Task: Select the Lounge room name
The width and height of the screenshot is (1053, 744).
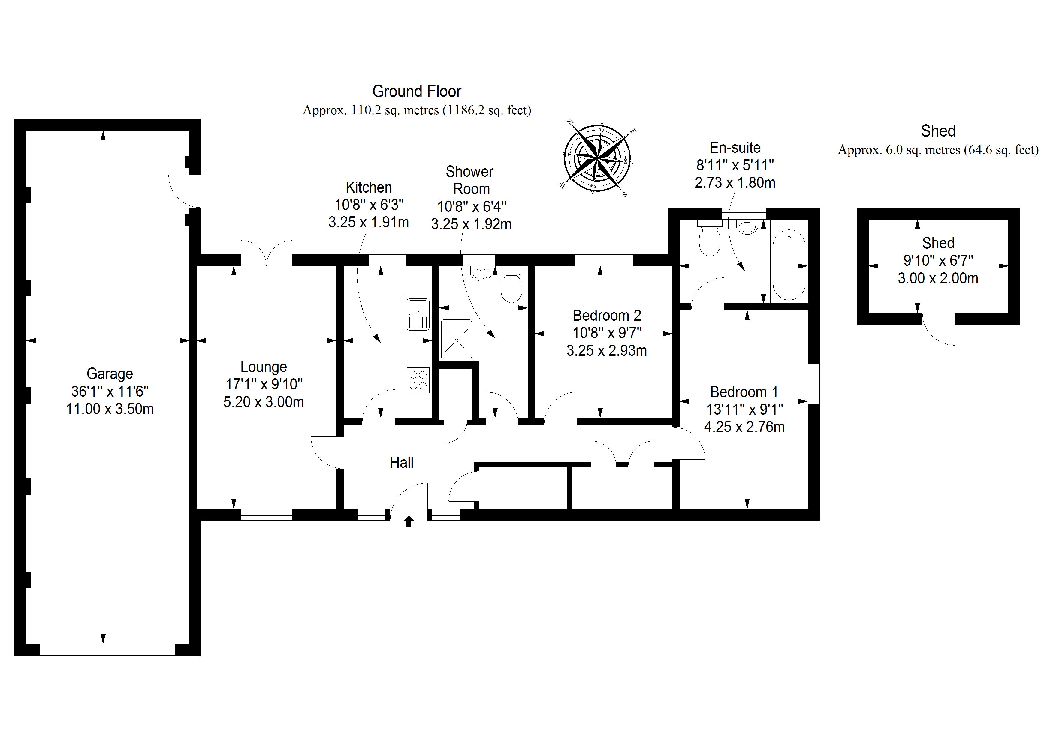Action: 264,367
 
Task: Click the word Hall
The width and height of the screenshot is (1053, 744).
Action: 401,463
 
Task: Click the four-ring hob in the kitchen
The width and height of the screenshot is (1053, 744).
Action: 418,380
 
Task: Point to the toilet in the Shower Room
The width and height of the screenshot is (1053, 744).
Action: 511,287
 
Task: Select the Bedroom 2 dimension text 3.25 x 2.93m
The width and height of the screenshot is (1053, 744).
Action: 606,351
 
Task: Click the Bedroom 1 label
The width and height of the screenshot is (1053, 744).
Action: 744,392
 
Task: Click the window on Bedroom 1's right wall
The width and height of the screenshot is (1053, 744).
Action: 813,384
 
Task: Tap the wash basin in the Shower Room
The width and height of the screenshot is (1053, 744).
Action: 480,274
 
